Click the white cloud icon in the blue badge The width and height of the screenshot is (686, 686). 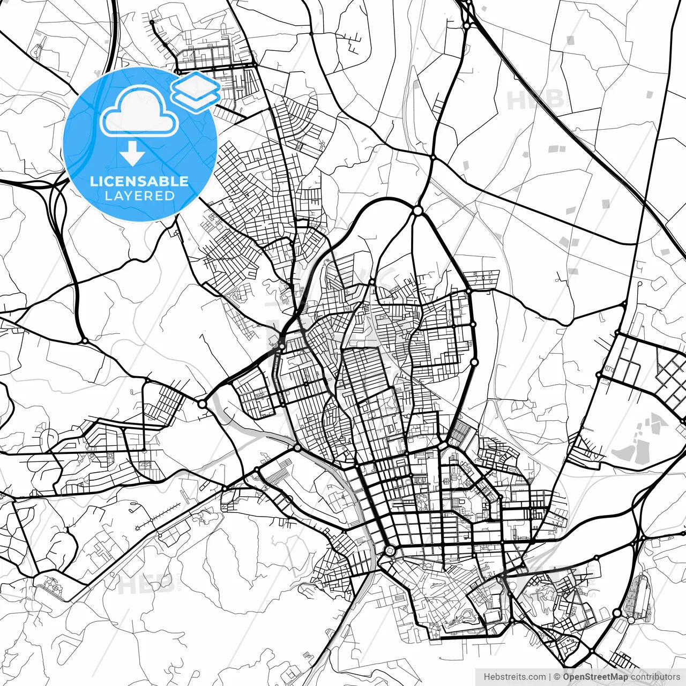click(x=139, y=113)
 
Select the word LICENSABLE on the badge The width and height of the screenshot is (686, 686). click(x=139, y=181)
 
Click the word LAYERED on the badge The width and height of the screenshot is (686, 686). click(x=139, y=196)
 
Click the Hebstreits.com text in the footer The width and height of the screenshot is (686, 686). click(x=514, y=677)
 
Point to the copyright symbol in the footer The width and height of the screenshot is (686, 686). click(x=557, y=677)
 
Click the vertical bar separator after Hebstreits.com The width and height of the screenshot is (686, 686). click(x=550, y=677)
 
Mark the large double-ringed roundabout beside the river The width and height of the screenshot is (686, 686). click(x=390, y=550)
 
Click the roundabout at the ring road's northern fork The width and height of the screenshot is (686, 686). click(x=417, y=211)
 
